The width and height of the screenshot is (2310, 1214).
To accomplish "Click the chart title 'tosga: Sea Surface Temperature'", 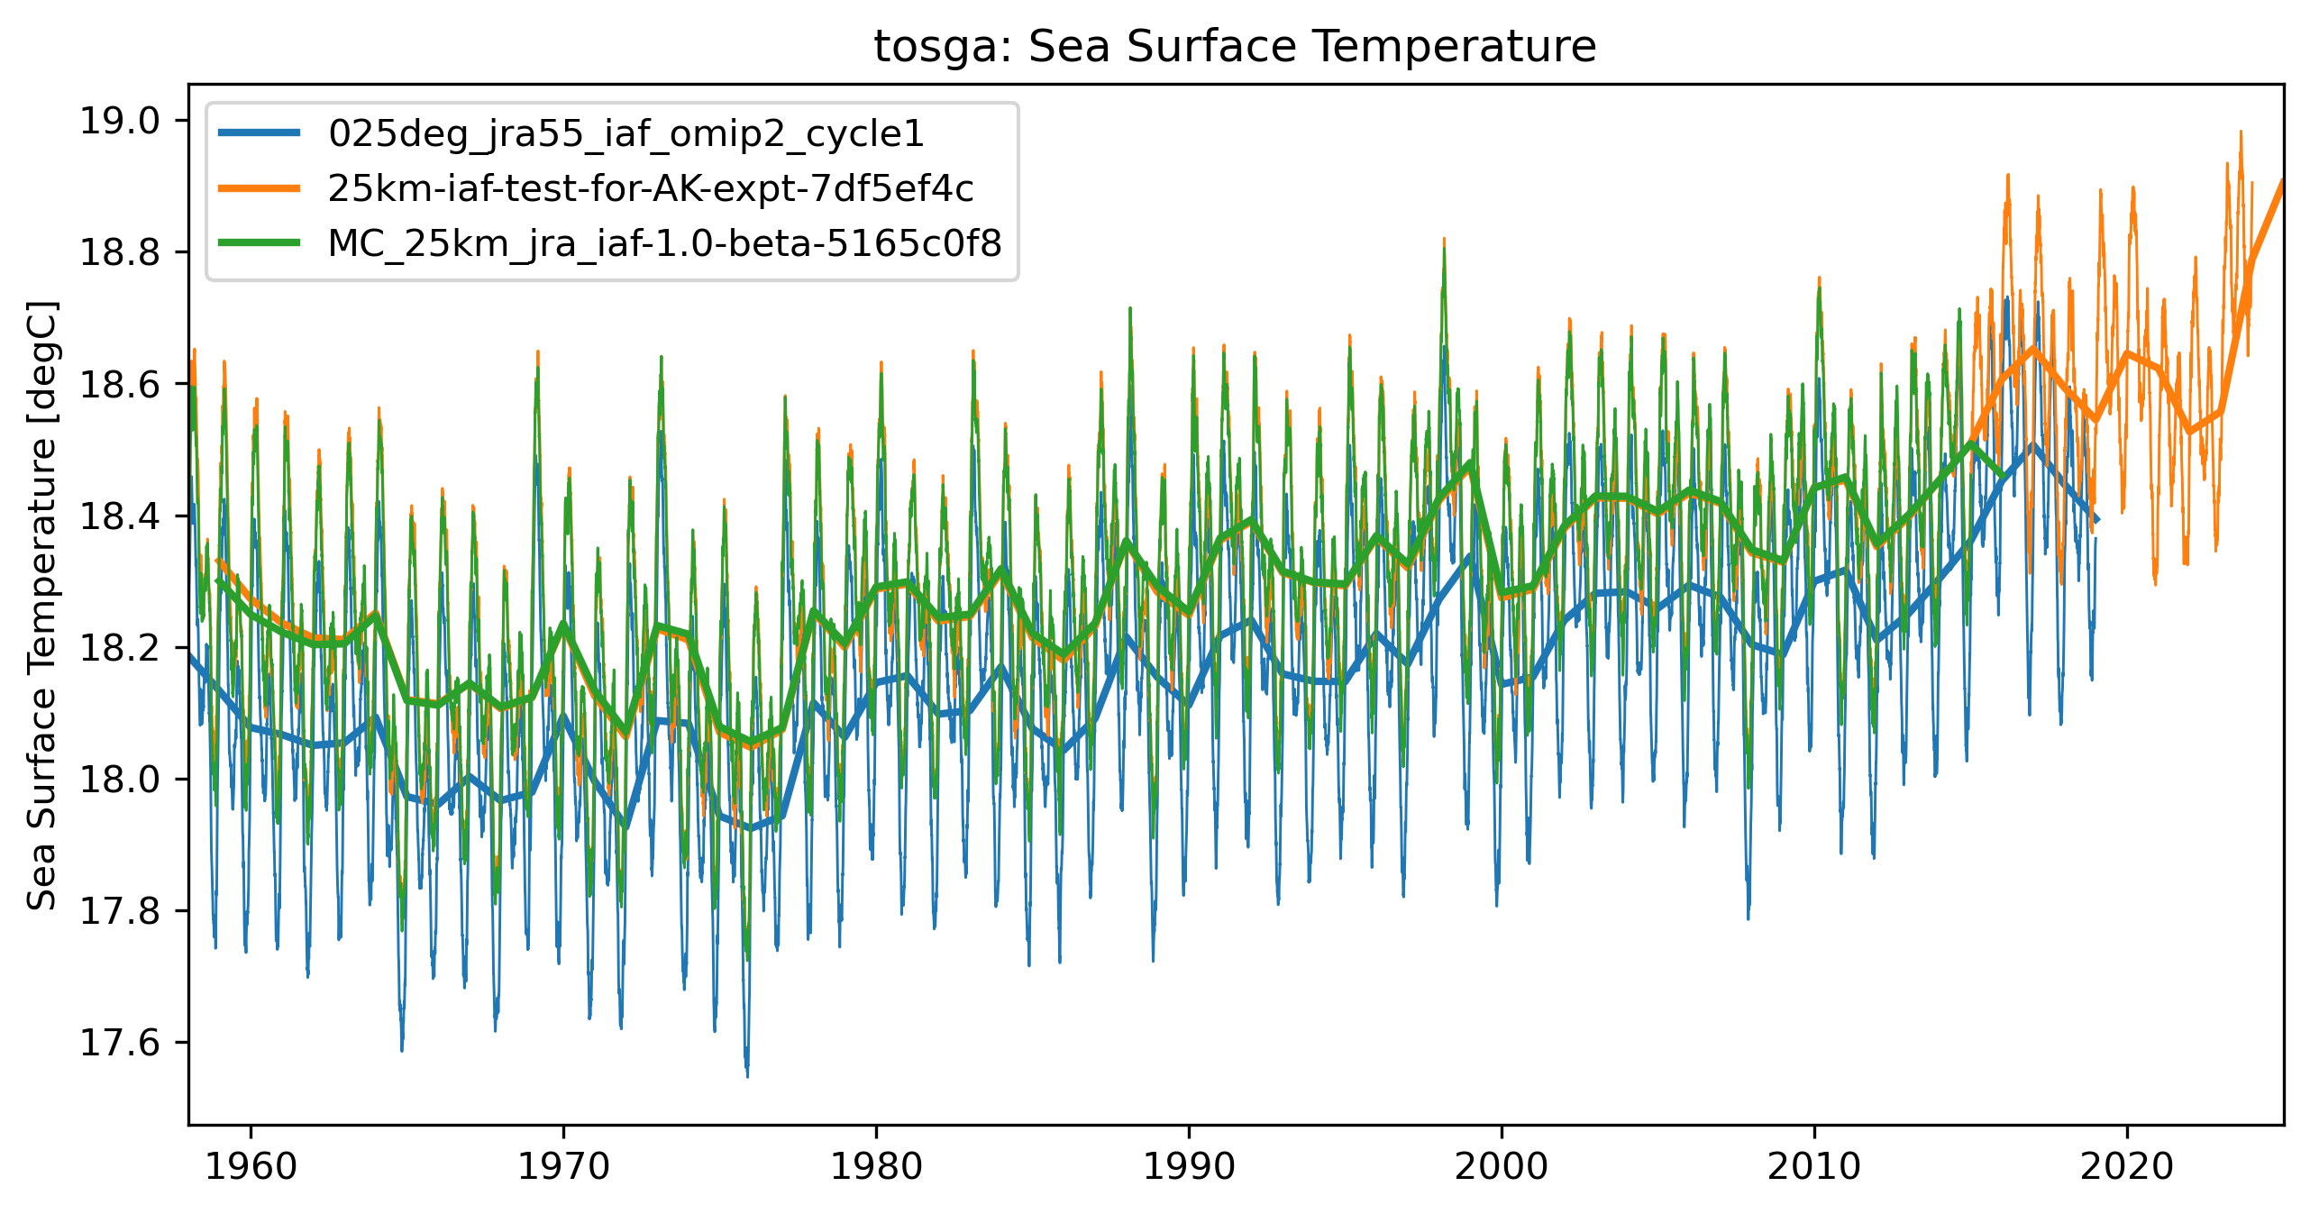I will pyautogui.click(x=1235, y=46).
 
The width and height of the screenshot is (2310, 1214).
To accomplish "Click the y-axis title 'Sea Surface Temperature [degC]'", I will pyautogui.click(x=42, y=605).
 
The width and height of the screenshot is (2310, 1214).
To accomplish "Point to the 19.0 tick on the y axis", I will pyautogui.click(x=121, y=121).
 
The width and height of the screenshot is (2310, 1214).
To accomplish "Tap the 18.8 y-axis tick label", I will pyautogui.click(x=121, y=252).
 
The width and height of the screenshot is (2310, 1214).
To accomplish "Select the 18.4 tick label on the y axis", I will pyautogui.click(x=121, y=516).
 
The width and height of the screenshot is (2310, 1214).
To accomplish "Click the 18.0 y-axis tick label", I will pyautogui.click(x=121, y=780).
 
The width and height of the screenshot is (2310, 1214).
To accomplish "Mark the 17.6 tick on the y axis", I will pyautogui.click(x=121, y=1043).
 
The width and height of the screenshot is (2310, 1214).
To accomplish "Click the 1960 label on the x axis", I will pyautogui.click(x=251, y=1167).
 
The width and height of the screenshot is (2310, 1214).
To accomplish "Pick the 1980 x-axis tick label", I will pyautogui.click(x=876, y=1167).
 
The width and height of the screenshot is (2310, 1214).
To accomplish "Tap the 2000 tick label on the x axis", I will pyautogui.click(x=1502, y=1167).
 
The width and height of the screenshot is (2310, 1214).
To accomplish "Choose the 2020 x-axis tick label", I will pyautogui.click(x=2127, y=1167).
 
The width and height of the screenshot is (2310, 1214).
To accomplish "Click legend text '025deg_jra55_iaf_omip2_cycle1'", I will pyautogui.click(x=626, y=133).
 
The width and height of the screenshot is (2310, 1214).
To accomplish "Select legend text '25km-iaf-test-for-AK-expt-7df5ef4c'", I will pyautogui.click(x=651, y=188).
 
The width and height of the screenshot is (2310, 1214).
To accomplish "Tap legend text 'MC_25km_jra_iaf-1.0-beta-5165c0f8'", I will pyautogui.click(x=665, y=243).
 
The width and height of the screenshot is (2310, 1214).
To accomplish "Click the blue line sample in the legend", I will pyautogui.click(x=260, y=133).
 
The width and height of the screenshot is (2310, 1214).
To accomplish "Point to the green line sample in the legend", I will pyautogui.click(x=260, y=243).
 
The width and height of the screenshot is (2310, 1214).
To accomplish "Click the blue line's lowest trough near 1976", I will pyautogui.click(x=747, y=1074).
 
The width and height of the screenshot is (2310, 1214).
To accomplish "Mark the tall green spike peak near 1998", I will pyautogui.click(x=1444, y=249).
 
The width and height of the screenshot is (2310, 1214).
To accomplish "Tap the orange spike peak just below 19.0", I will pyautogui.click(x=2241, y=132).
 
